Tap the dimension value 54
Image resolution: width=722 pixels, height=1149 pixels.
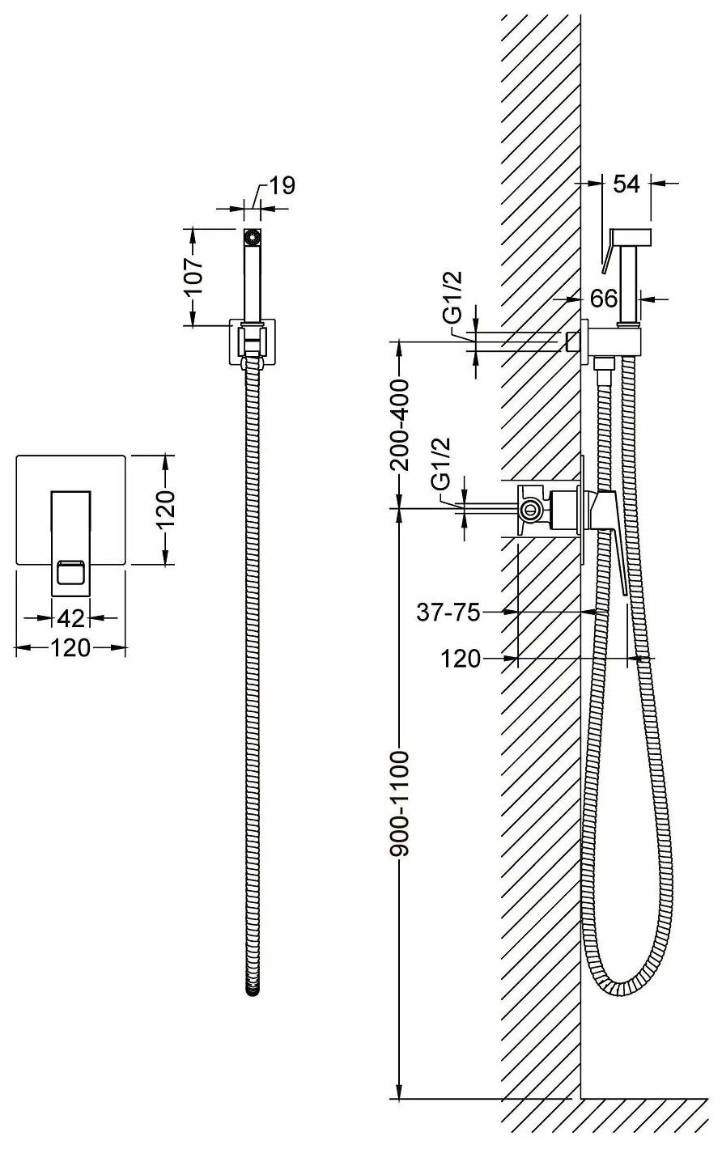[x=626, y=184]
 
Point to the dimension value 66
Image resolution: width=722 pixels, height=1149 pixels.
[x=604, y=298]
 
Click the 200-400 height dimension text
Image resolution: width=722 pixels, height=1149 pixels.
[x=398, y=424]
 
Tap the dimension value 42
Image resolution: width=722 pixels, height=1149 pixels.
[x=70, y=618]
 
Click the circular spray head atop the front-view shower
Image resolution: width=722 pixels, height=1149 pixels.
[x=253, y=237]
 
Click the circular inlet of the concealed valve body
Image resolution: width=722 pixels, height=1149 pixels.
[x=531, y=509]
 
